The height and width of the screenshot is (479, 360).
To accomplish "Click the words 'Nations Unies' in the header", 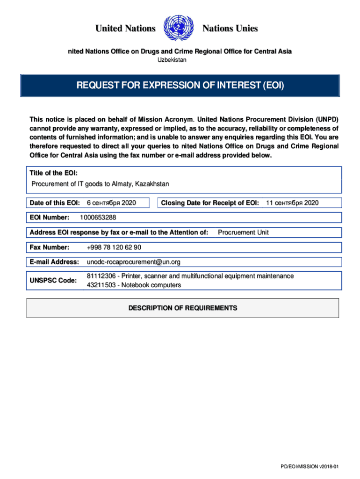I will pos(230,29).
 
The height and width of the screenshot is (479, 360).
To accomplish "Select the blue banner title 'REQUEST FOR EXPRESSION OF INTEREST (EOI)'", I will pos(180,86).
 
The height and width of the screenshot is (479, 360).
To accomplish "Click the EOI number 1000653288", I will pos(98,217).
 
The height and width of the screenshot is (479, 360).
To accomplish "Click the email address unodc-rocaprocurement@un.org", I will pos(133,261).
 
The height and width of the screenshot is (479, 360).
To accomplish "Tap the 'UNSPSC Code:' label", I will pos(53,280).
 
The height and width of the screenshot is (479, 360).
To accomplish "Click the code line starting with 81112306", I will pos(190,276).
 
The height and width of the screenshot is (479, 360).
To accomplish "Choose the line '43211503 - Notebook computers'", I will pos(134,285).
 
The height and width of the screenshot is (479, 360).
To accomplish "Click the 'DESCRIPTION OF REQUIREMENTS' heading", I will pos(183,308).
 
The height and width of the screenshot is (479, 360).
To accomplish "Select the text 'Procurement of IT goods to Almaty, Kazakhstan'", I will pos(100,184).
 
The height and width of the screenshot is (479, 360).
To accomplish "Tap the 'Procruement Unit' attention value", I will pos(243,232).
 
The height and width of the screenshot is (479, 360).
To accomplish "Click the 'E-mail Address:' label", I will pos(54,261).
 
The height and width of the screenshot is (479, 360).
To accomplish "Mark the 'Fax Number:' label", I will pos(50,247).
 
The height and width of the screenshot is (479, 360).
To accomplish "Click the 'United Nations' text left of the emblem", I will pos(125,29).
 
